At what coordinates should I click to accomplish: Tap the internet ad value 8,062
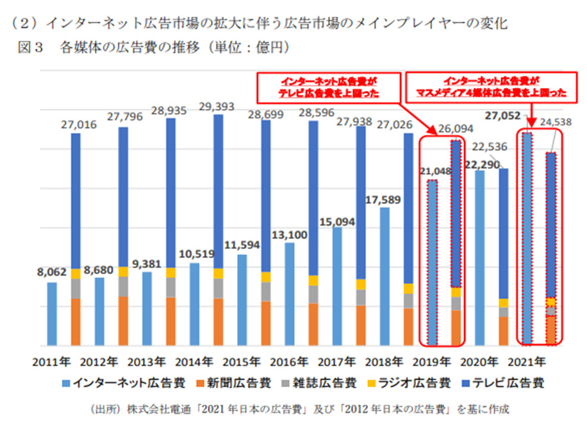coord(50,271)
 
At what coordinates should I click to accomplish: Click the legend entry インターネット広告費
coord(129,383)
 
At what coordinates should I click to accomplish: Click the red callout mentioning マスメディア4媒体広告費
coord(487,87)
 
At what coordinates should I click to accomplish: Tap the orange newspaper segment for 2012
coord(123,320)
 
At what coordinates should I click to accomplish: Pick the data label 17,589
coord(383,199)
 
